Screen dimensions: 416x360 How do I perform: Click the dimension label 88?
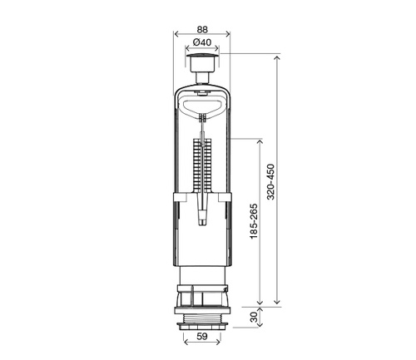click(202, 29)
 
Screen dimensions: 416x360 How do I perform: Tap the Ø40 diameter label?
click(202, 42)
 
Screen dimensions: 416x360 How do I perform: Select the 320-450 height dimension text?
click(270, 182)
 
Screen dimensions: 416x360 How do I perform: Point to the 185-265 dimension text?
click(254, 221)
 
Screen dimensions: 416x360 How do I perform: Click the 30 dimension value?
click(254, 317)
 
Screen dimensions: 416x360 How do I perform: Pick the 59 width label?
click(202, 336)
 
